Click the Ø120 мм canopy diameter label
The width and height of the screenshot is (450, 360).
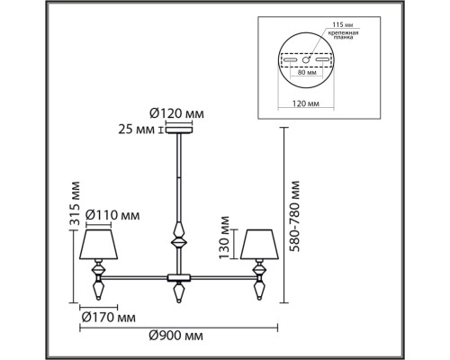coord(176,112)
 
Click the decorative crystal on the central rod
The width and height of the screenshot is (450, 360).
coord(178,238)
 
